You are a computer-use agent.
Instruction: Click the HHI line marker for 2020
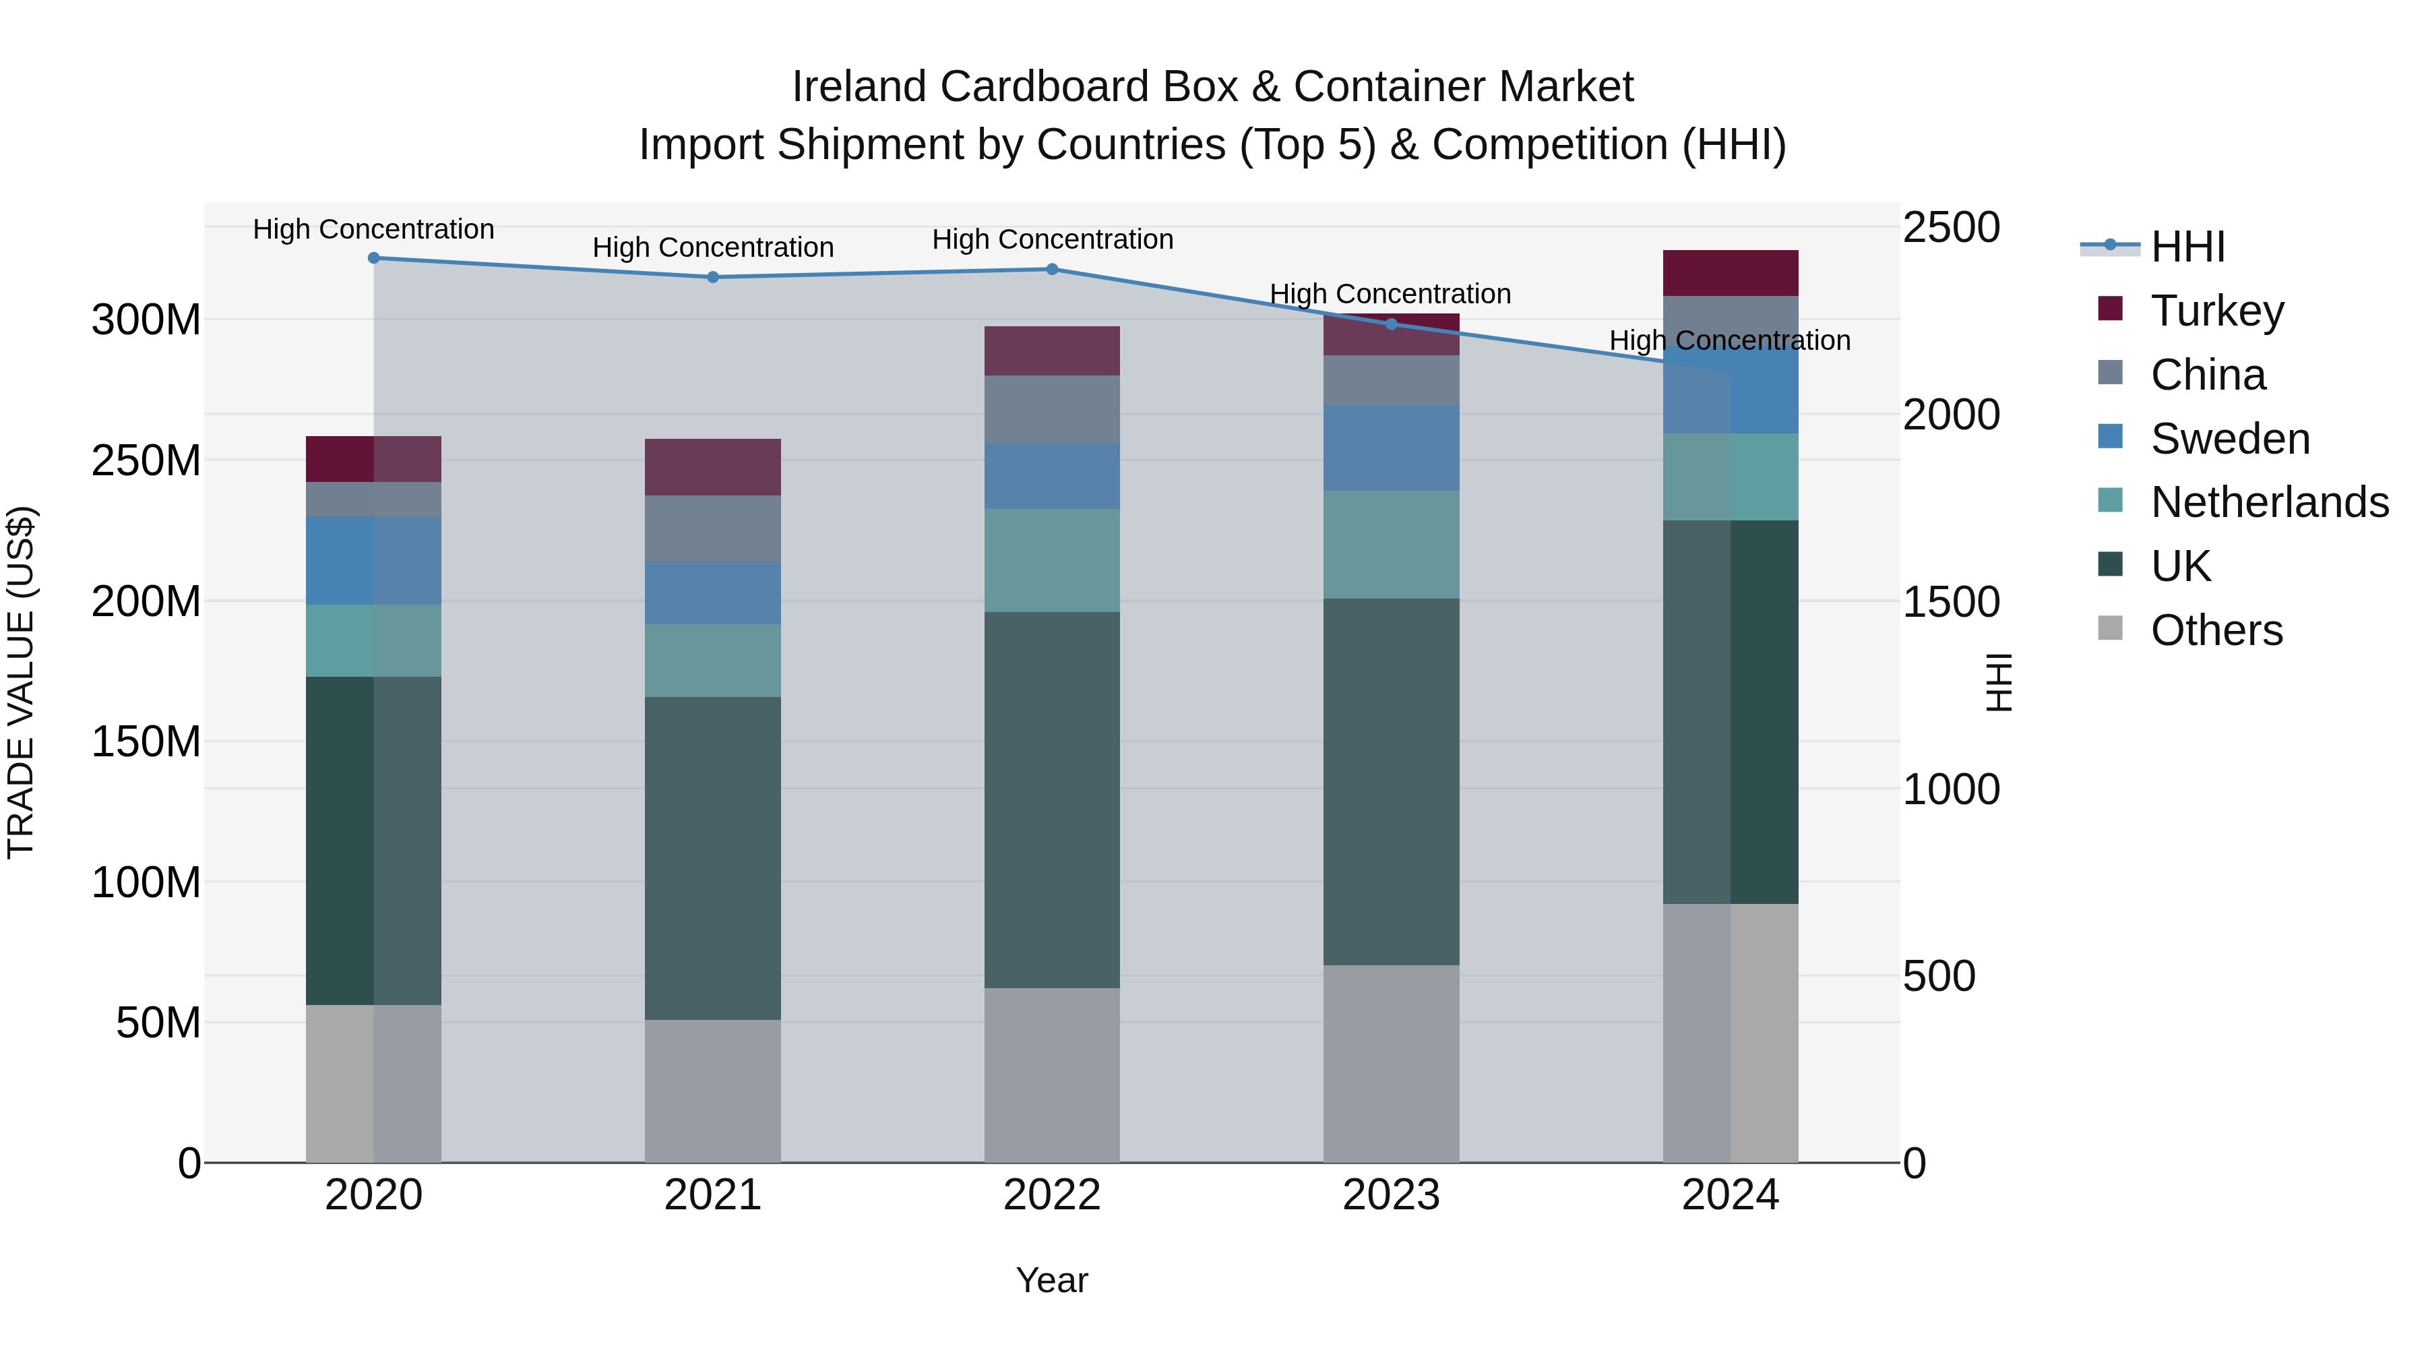374,258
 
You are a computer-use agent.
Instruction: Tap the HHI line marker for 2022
1052,270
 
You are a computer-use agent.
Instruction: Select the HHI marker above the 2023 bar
1391,324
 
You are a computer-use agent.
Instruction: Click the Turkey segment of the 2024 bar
1730,273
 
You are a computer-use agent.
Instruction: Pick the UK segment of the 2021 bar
713,857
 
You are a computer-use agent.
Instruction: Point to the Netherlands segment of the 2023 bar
1391,545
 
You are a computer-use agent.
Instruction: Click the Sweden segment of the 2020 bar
374,561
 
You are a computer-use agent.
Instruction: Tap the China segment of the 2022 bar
1052,410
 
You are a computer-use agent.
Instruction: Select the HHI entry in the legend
2187,247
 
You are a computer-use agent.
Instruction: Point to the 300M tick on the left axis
146,320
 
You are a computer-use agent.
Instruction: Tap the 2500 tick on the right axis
1950,228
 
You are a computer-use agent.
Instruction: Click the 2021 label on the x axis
713,1195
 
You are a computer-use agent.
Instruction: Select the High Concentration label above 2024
1729,340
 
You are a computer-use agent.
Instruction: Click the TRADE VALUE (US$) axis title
21,682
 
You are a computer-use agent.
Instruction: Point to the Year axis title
1052,1280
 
